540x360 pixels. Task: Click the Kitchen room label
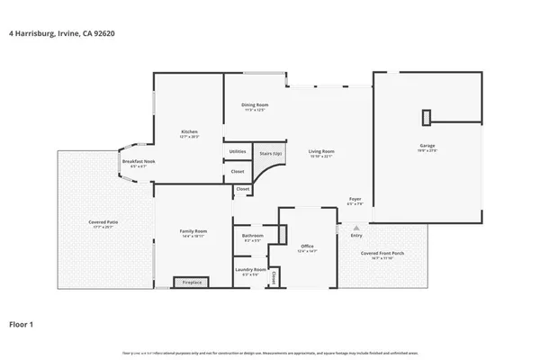pos(189,133)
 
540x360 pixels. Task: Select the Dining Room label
pos(255,106)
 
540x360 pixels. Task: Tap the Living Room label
pos(321,152)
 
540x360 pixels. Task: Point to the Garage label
pos(427,147)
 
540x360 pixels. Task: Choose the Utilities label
pos(238,151)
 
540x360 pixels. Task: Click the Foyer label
pos(355,199)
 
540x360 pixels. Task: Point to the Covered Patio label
pos(103,222)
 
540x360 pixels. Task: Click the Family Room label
pos(193,232)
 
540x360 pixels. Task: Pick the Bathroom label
pos(253,237)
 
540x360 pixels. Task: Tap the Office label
pos(307,247)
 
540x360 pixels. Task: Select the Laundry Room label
pos(251,270)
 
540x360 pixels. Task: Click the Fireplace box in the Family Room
pos(192,283)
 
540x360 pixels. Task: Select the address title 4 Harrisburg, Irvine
pos(61,33)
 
